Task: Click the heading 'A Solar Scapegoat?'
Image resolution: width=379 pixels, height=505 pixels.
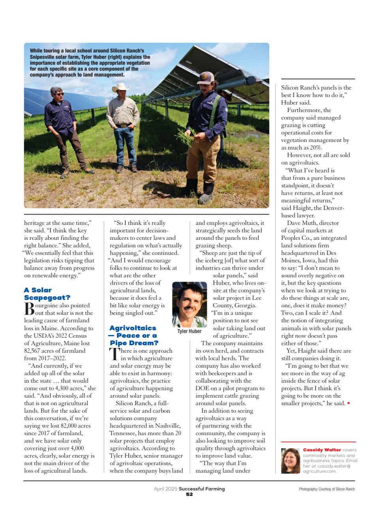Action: (x=47, y=294)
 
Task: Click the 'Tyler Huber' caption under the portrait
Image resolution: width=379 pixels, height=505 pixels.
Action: (x=189, y=331)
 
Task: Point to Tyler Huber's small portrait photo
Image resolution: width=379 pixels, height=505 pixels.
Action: (x=189, y=305)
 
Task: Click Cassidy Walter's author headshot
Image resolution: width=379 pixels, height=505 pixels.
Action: (x=291, y=460)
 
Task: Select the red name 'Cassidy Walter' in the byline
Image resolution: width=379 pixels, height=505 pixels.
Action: (x=322, y=450)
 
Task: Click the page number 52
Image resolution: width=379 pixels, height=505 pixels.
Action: (x=189, y=494)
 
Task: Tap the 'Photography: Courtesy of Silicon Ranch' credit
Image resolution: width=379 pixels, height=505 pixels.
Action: (x=327, y=489)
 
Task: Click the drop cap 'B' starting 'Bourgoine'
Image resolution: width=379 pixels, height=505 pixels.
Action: (x=29, y=309)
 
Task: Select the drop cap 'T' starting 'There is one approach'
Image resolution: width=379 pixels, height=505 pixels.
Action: (x=114, y=354)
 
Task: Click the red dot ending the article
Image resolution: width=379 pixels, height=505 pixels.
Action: (x=348, y=404)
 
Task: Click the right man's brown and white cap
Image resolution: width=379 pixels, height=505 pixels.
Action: (x=206, y=77)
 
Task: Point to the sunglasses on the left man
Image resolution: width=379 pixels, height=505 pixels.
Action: (x=58, y=94)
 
